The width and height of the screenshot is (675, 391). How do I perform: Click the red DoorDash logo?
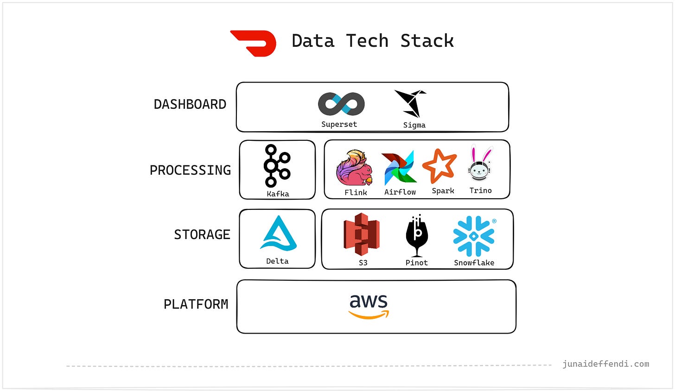(x=254, y=43)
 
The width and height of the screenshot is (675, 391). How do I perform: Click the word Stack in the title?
(x=427, y=41)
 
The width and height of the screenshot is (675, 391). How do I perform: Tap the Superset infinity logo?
(x=341, y=104)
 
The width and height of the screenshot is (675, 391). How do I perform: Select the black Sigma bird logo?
(x=410, y=104)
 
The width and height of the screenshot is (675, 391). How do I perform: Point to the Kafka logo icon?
(x=277, y=165)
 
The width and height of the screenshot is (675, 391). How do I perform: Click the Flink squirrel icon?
(x=354, y=168)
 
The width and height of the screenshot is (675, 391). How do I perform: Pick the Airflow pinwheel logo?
(x=399, y=168)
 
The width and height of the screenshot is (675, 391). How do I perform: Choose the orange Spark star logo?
(x=439, y=166)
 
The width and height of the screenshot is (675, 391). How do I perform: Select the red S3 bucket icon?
(x=362, y=234)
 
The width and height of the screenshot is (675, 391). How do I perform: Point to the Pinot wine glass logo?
(x=417, y=235)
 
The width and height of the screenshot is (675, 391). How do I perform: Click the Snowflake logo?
(x=474, y=236)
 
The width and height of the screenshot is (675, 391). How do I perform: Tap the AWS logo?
(x=369, y=306)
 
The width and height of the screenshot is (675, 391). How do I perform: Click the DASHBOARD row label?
(x=190, y=104)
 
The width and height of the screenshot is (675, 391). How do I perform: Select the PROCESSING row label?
(x=190, y=170)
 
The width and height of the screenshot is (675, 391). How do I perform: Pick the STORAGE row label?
(x=202, y=234)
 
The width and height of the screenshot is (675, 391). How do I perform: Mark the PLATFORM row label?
(x=196, y=304)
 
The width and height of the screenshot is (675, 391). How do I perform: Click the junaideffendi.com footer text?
(x=605, y=364)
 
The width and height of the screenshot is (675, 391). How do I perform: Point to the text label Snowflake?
(x=474, y=263)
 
